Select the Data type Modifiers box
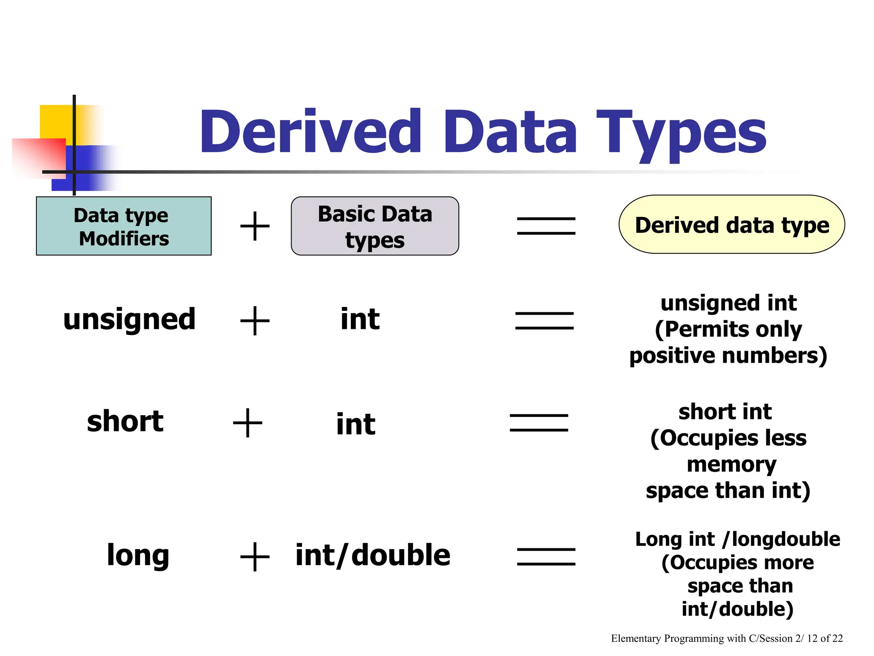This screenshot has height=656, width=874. [124, 226]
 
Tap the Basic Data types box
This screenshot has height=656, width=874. [375, 226]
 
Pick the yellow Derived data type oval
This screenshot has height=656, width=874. [731, 225]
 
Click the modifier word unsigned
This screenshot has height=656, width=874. [129, 319]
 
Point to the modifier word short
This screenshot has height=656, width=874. [125, 421]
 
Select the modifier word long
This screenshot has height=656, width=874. [138, 555]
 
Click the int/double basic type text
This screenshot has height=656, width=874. [373, 555]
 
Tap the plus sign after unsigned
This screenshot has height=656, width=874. [255, 320]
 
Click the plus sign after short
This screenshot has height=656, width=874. [248, 423]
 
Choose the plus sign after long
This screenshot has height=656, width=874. [255, 556]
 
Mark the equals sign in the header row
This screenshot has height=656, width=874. [546, 225]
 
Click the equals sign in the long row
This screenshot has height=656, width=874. [546, 556]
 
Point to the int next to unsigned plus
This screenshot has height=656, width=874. [360, 319]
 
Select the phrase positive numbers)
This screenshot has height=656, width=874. [728, 356]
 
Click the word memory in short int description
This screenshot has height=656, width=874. [731, 465]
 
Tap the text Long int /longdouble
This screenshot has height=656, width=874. [737, 539]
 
